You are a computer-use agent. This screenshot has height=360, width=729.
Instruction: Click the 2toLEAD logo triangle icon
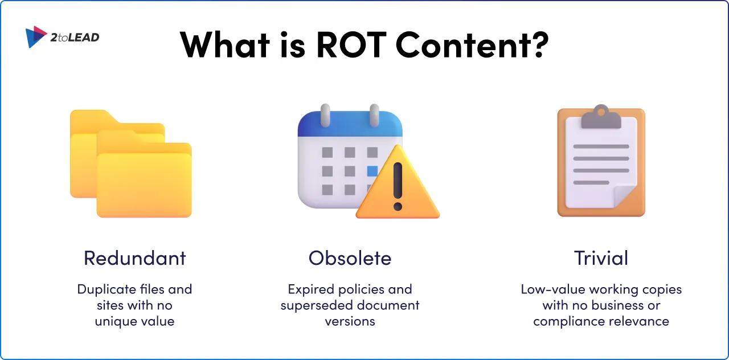point(36,36)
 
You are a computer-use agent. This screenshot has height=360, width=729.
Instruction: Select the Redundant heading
point(135,258)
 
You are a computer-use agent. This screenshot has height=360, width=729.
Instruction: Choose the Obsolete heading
point(350,258)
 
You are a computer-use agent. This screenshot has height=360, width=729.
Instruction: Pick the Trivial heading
point(601,258)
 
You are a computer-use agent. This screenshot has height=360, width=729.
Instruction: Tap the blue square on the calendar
point(372,171)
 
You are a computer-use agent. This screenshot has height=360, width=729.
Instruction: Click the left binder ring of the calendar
point(326,116)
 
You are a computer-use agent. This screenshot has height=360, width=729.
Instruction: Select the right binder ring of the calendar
point(374,116)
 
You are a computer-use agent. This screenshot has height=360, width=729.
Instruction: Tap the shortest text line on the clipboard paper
point(591,182)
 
